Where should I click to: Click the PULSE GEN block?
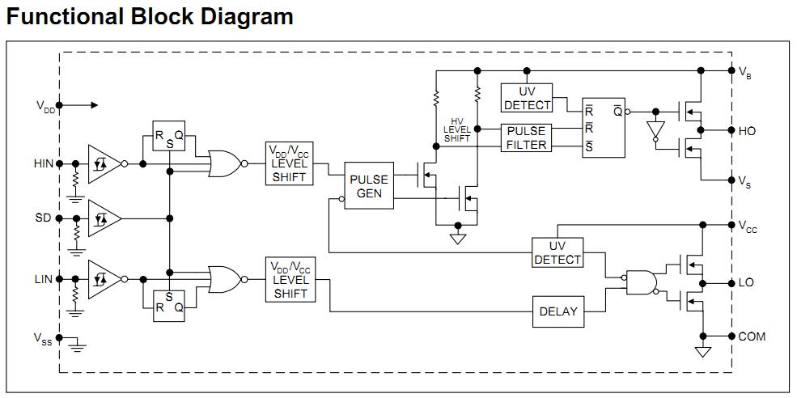point(369,186)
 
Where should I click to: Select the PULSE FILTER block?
point(525,138)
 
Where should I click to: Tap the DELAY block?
point(557,312)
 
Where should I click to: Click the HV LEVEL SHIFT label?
point(457,129)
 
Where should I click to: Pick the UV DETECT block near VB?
point(527,99)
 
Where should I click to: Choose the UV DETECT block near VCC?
point(557,252)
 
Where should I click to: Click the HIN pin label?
point(43,163)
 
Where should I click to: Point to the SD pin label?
point(43,218)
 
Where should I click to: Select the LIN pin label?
point(43,279)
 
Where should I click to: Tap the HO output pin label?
point(747,130)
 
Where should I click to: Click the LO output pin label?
point(746,283)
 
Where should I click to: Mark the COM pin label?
point(752,337)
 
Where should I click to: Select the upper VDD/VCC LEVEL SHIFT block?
point(289,163)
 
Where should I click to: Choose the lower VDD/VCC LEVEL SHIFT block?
point(289,279)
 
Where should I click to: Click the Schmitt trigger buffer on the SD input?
point(104,218)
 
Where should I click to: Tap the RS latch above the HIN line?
point(169,137)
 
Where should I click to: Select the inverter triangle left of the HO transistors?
point(655,130)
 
